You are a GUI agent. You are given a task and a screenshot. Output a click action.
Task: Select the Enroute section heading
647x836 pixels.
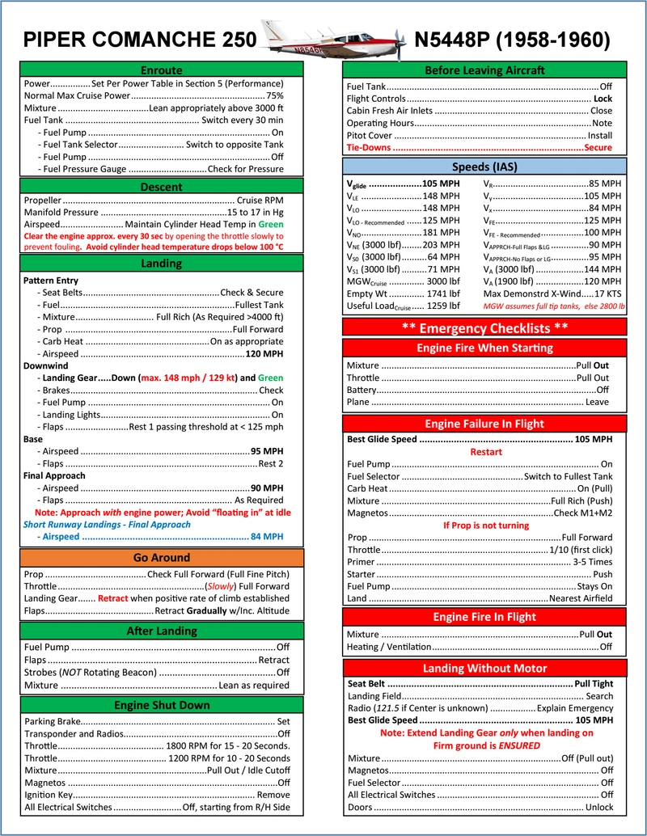(x=161, y=70)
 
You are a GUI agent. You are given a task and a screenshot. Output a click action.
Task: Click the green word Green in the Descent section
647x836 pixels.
(x=271, y=223)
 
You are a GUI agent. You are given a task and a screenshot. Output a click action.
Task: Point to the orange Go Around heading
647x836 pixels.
(x=161, y=558)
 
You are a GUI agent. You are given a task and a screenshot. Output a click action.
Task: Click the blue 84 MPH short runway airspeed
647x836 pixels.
(x=267, y=536)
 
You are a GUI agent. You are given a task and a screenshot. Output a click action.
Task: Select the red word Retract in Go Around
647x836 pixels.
(x=113, y=598)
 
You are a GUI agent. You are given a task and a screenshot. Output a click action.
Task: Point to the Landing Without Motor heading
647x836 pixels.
(x=484, y=668)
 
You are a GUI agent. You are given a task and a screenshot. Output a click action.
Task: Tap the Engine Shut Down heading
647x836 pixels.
(x=161, y=704)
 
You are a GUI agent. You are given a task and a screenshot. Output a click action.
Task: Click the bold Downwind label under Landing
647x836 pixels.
(x=46, y=365)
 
